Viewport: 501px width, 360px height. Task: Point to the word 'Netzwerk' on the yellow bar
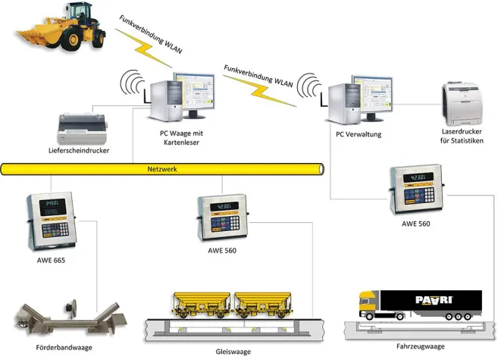coord(161,169)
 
